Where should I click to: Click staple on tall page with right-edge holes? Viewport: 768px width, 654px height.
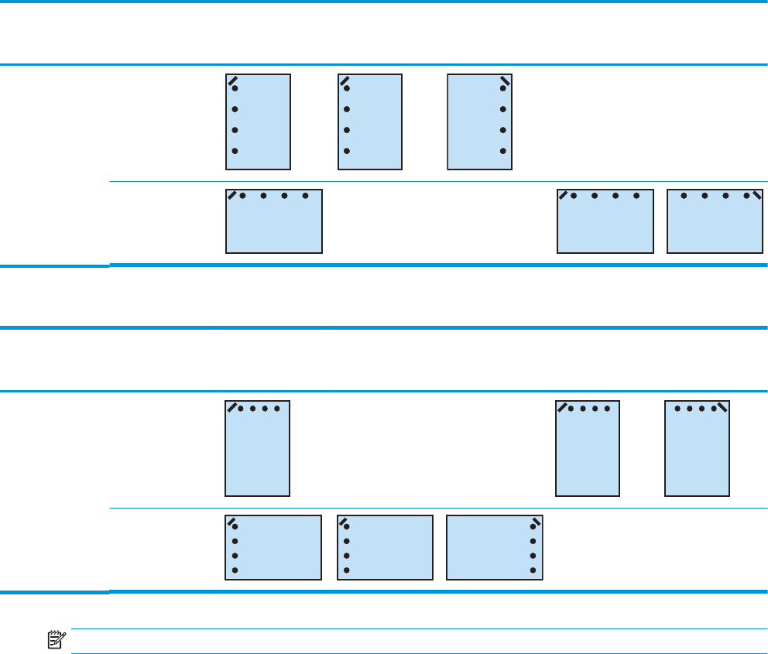505,80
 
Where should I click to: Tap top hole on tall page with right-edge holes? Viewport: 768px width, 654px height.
503,89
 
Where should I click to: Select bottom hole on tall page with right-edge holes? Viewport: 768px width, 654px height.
503,151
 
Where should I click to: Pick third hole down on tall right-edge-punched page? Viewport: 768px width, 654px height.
503,130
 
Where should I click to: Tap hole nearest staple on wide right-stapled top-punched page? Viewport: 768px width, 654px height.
746,197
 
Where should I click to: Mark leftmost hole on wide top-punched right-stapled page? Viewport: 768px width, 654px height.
684,197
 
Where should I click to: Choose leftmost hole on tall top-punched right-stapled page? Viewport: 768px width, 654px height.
679,408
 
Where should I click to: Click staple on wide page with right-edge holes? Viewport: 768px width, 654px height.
536,521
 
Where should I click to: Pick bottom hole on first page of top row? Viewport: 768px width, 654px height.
235,151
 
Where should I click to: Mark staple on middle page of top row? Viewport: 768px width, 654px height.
345,80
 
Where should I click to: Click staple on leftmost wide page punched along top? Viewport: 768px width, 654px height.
231,194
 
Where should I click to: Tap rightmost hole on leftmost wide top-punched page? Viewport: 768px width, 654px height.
306,197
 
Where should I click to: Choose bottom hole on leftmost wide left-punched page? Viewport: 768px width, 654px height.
235,570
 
